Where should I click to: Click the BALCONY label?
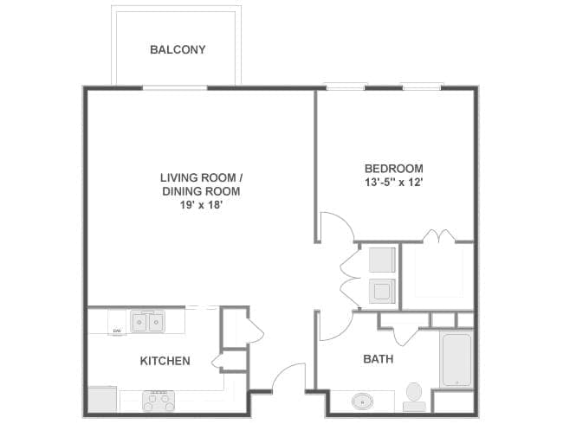(x=178, y=49)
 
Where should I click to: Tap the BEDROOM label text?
(x=394, y=168)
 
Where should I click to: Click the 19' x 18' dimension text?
(x=202, y=205)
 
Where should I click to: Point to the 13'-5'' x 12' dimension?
(x=393, y=183)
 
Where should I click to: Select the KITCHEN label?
(x=165, y=361)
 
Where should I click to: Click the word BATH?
(x=379, y=359)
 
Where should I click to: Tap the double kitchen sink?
(x=147, y=322)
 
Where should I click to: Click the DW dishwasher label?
(x=117, y=331)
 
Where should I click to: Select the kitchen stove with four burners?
(x=159, y=401)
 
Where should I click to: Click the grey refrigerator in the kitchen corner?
(x=102, y=399)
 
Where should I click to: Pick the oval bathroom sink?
(x=362, y=402)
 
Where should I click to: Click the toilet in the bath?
(x=414, y=396)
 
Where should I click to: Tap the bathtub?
(x=456, y=360)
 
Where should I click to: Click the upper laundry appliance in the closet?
(x=382, y=260)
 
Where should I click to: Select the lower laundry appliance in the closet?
(x=382, y=291)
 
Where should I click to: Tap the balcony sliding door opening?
(x=175, y=88)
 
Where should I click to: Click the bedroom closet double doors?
(x=439, y=235)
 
